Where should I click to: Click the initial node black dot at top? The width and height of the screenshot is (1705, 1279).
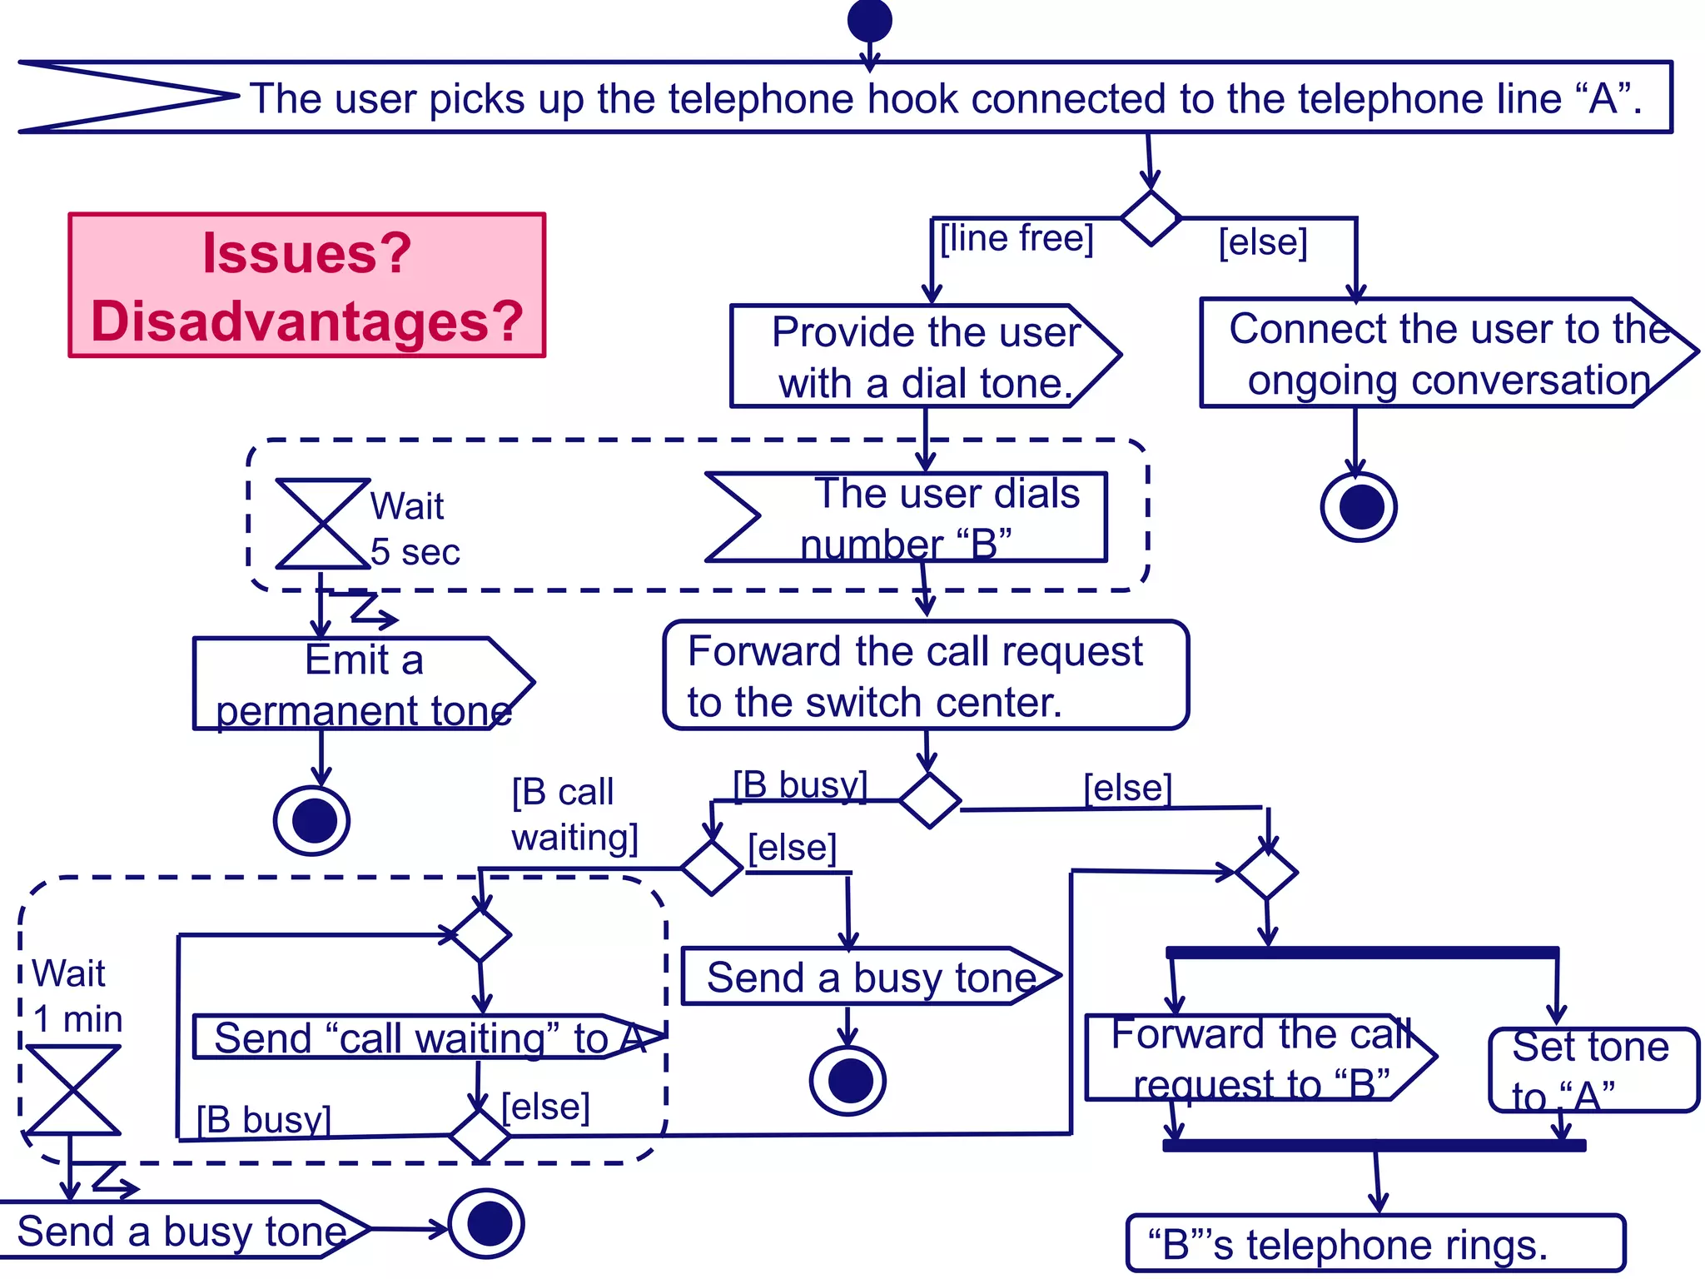pos(869,20)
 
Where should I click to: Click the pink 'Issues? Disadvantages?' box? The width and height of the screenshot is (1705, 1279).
pos(306,286)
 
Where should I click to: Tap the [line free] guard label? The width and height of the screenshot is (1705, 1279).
pos(1016,238)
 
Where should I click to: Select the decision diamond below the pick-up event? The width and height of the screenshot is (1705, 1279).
pos(1151,218)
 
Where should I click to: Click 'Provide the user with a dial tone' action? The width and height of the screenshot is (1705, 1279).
pos(924,356)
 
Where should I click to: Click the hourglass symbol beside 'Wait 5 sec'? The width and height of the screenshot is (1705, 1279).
pos(323,524)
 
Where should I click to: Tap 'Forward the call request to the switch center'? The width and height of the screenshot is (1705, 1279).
pos(925,675)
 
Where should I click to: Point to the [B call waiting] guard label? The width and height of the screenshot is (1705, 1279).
pos(574,814)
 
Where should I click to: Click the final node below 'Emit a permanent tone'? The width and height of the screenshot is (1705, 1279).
pos(312,821)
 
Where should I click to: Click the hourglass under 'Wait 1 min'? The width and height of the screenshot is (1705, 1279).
pos(73,1090)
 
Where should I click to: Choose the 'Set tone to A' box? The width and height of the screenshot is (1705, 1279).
pos(1592,1070)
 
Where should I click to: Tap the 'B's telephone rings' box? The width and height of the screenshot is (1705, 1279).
pos(1374,1244)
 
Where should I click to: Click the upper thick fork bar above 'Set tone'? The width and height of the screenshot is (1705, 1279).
pos(1362,952)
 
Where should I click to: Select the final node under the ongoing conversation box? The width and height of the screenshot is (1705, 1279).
pos(1359,507)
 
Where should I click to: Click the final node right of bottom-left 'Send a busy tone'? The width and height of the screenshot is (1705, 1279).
pos(487,1223)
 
